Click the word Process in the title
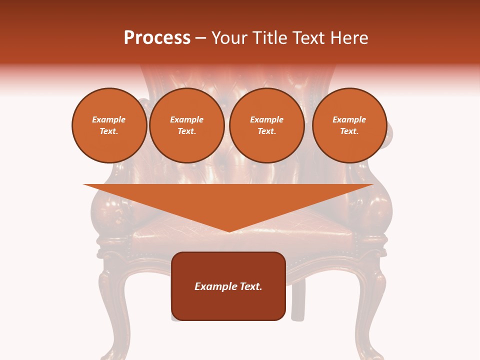(x=157, y=38)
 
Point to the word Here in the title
(x=349, y=38)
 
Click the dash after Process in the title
(x=200, y=39)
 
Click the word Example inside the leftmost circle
(x=109, y=120)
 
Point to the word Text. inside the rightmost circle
(x=349, y=131)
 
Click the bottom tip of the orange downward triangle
(x=229, y=231)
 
